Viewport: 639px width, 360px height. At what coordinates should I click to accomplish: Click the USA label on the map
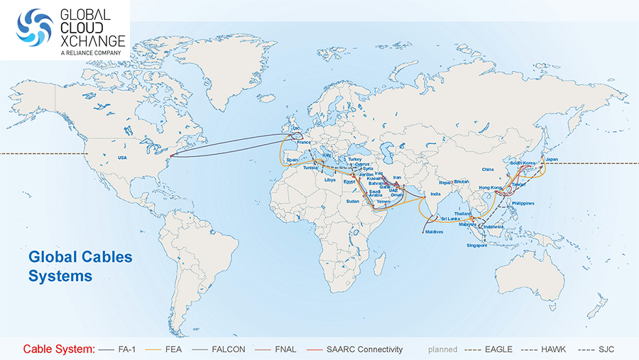coord(122,158)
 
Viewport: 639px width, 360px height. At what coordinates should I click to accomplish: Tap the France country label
coord(304,143)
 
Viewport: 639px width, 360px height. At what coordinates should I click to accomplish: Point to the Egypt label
coord(349,181)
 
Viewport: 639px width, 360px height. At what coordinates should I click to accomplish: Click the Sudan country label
coord(352,201)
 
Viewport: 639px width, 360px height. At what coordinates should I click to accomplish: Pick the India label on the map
coord(436,194)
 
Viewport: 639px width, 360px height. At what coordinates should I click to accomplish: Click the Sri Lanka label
coord(449,219)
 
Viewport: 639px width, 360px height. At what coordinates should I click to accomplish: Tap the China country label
coord(487,170)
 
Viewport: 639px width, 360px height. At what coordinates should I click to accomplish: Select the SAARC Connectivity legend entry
coord(364,349)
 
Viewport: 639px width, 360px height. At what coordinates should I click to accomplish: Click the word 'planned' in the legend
coord(442,349)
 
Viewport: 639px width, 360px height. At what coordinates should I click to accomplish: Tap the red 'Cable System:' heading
coord(58,349)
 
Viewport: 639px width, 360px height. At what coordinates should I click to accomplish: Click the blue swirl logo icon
coord(35,30)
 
